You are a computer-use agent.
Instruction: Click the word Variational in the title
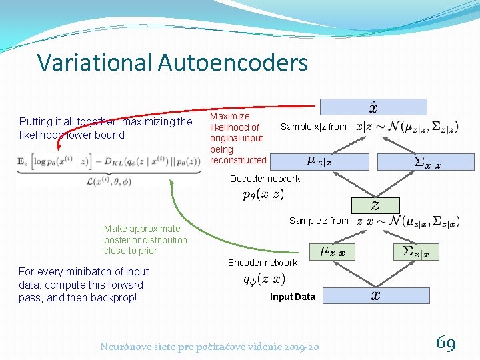point(95,62)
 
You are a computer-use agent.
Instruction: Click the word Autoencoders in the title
point(233,62)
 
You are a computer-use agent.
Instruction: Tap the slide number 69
point(446,343)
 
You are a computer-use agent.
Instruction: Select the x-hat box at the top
point(373,107)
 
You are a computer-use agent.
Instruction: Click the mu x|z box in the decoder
point(328,161)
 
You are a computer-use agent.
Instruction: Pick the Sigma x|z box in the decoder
point(425,161)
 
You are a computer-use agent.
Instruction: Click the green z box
point(375,205)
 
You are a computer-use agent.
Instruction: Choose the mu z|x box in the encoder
point(332,251)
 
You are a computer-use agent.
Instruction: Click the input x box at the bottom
point(375,295)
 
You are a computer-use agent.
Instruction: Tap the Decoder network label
point(265,179)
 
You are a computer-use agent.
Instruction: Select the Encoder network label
point(263,263)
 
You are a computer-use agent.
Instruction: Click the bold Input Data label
point(292,297)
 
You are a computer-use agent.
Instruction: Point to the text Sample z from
point(319,221)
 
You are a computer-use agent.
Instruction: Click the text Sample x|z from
point(313,127)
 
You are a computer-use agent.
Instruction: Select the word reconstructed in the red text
point(238,160)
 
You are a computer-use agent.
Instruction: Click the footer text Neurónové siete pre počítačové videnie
point(193,346)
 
